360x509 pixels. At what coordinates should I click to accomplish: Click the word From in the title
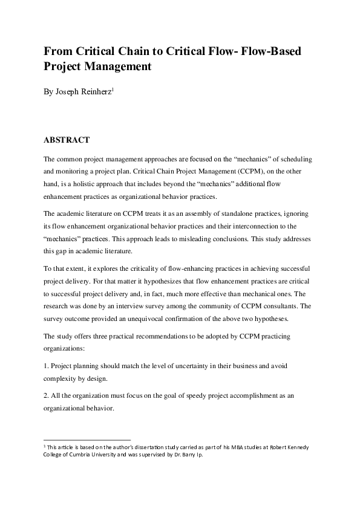[59, 51]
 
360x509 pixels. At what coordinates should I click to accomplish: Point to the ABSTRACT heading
[67, 140]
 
